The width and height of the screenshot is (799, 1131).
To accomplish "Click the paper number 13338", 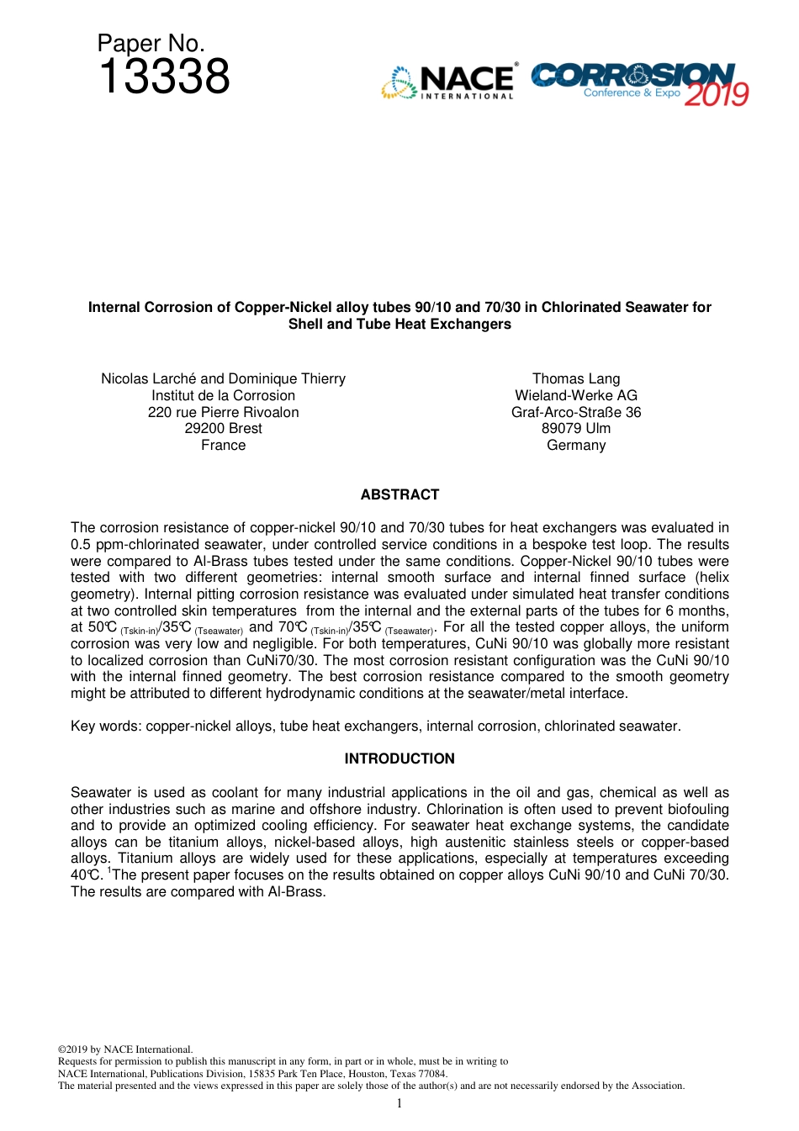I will [x=164, y=77].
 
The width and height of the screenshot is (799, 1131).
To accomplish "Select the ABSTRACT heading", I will [x=399, y=494].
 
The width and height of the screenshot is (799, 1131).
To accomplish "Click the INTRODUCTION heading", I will [x=399, y=758].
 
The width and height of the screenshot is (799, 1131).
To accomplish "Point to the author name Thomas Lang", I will [x=576, y=378].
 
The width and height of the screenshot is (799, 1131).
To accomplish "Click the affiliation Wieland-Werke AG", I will [x=576, y=395].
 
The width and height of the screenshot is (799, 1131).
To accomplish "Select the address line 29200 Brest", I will [x=223, y=428].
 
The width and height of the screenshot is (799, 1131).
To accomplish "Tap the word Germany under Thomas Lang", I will [x=576, y=445].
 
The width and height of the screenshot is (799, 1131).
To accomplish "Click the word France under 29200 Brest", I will [x=223, y=445].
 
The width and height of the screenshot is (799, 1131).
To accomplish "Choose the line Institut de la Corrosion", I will [x=223, y=395].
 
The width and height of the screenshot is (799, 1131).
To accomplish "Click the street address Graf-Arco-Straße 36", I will [x=576, y=412].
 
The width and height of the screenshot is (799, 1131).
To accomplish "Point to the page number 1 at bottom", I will [x=399, y=1103].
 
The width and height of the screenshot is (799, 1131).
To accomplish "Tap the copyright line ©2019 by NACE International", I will [x=125, y=1049].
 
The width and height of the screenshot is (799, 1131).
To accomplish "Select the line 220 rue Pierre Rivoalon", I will [x=223, y=412].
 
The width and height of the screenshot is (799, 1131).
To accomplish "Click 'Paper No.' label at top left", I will [x=151, y=44].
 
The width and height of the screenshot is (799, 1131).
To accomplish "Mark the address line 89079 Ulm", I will [x=576, y=428].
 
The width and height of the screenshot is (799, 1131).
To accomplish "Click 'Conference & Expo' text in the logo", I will [x=632, y=92].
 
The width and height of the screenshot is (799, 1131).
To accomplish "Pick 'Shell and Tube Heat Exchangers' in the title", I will [x=399, y=325].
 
